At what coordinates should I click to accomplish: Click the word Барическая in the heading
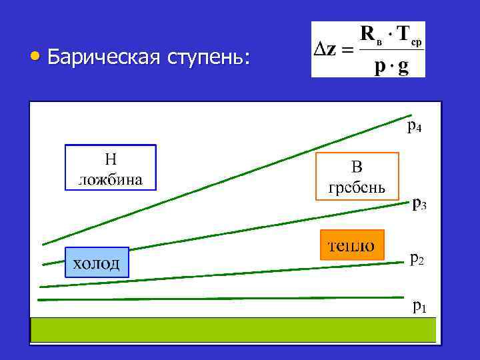click(102, 59)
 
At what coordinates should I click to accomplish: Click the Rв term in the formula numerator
click(371, 33)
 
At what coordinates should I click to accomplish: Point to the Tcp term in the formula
click(407, 35)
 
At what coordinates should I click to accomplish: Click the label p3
click(419, 203)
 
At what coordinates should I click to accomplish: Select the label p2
click(416, 257)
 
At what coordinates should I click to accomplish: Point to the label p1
click(419, 307)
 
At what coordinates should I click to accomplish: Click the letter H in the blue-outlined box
click(110, 159)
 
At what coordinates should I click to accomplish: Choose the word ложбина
click(110, 178)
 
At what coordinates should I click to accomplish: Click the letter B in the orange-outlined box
click(357, 167)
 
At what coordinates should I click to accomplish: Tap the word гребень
click(357, 186)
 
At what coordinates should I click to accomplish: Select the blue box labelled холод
click(97, 263)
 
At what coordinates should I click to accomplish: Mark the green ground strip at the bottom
click(233, 329)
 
